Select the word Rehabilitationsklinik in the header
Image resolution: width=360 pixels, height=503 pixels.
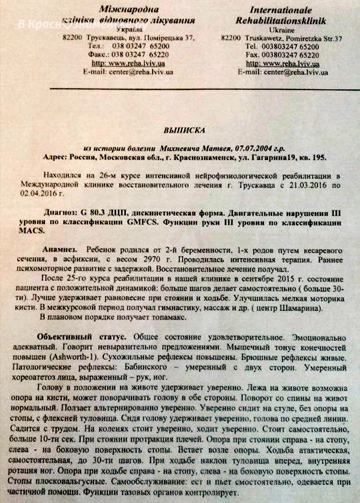[281, 21]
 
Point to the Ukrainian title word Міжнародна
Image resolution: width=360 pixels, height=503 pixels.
[123, 9]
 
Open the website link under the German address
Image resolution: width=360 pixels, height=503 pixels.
[282, 64]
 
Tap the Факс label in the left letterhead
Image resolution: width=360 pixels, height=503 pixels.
[98, 55]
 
